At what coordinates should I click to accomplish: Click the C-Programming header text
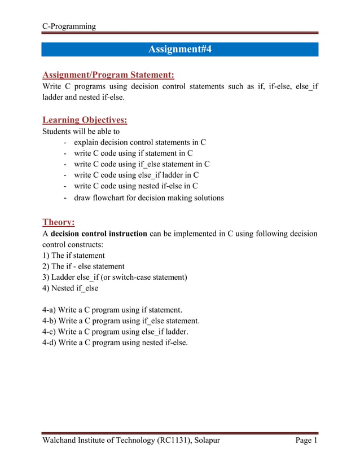[x=69, y=26]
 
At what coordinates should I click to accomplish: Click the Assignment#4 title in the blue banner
[x=179, y=50]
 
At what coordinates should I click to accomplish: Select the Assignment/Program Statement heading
[x=108, y=74]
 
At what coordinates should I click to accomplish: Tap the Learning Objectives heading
[x=85, y=120]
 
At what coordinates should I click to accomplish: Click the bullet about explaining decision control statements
[x=139, y=142]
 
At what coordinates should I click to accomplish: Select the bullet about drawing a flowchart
[x=149, y=197]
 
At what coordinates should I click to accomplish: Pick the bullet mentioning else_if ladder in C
[x=136, y=175]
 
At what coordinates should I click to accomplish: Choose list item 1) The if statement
[x=73, y=255]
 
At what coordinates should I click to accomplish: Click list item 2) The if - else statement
[x=84, y=266]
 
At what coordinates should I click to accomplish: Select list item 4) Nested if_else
[x=71, y=288]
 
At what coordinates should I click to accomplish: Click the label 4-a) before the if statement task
[x=49, y=310]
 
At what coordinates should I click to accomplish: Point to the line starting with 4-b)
[x=121, y=321]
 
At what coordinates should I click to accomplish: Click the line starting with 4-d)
[x=115, y=342]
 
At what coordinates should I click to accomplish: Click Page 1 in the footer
[x=307, y=441]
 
